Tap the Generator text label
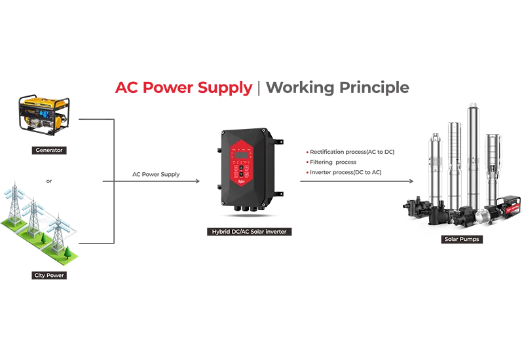49,150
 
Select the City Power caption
49,276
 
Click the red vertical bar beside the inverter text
305,162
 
